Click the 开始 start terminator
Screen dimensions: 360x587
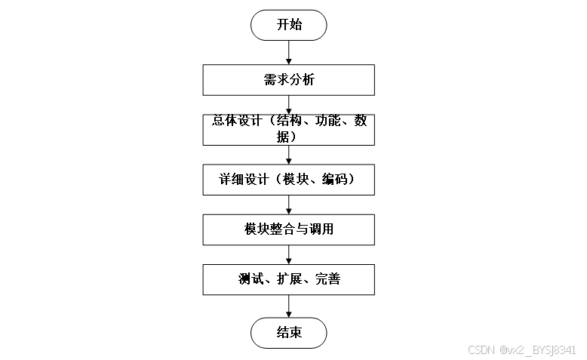289,24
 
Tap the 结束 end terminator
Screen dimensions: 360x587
289,332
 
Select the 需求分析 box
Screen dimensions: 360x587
289,80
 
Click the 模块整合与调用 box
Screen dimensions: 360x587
289,229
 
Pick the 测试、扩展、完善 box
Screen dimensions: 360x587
289,279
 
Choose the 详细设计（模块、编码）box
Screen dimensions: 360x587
289,180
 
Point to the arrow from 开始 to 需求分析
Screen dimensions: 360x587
289,51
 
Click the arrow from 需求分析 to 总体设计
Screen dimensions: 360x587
289,104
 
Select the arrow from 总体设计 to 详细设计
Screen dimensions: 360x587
289,154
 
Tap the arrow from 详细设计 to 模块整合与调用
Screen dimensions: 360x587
289,204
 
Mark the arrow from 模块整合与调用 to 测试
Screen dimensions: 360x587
289,254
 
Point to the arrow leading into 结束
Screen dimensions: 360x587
289,306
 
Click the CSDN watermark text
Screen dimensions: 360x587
521,350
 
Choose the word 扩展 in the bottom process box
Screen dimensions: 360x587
289,279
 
